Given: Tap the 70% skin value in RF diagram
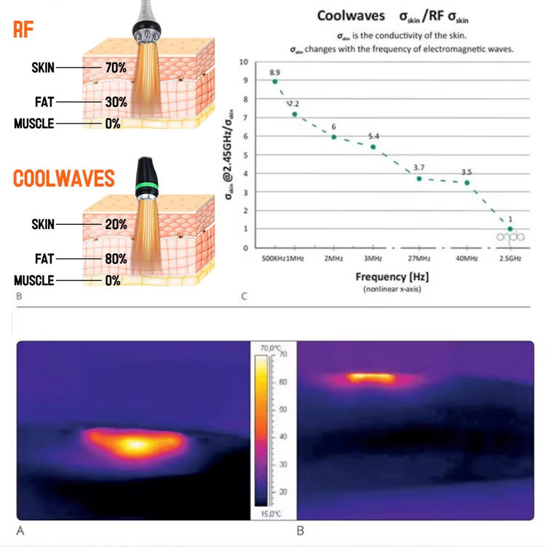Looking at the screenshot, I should tap(115, 68).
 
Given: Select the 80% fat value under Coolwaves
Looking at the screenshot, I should tap(115, 259).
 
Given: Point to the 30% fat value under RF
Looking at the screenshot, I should tap(115, 103).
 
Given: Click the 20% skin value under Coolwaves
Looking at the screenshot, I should tap(115, 225).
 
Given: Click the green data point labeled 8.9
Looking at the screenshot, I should tap(274, 81).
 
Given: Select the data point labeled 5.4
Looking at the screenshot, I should tap(373, 147).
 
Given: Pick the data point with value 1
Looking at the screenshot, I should tap(510, 229).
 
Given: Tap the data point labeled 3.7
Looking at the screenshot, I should tap(419, 178).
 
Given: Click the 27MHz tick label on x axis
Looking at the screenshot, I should tap(418, 257).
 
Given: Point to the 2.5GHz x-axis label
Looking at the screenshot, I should tap(510, 257).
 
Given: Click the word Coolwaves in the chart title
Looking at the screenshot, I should tap(351, 15).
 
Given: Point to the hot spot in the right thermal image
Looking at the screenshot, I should tap(371, 378).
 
